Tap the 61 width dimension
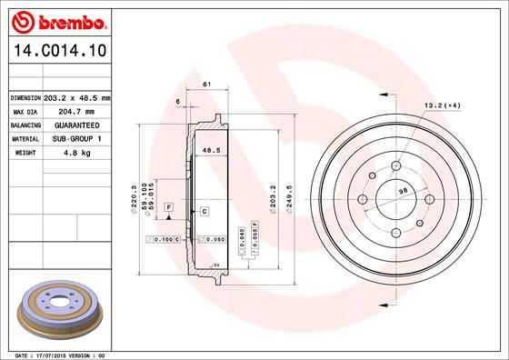coord(206,85)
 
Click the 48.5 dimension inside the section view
coord(211,151)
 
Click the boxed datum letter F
coord(168,208)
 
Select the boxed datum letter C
coord(205,211)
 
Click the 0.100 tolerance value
coord(164,239)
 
